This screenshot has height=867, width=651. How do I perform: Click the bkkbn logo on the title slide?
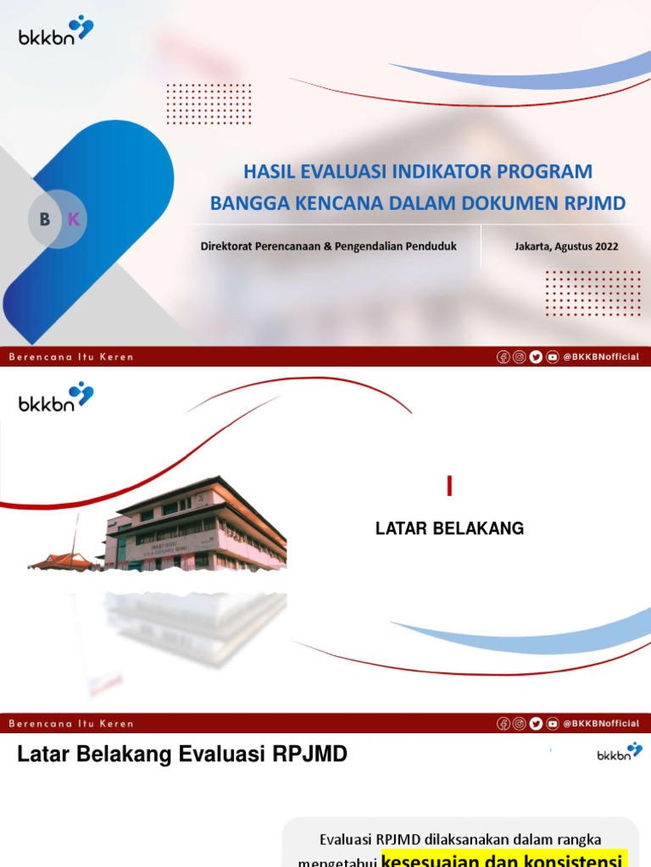(56, 31)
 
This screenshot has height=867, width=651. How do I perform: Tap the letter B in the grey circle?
(45, 219)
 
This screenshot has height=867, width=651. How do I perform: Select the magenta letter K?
(73, 219)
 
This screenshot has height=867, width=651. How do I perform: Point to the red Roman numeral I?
(450, 487)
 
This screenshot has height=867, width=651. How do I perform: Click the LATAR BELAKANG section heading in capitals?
(449, 528)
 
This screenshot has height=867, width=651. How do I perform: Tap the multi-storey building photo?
(199, 525)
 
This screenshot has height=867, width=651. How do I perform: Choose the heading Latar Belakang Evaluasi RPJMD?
(182, 754)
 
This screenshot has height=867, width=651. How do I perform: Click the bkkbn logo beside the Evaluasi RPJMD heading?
(620, 753)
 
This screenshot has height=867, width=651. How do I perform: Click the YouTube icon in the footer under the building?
(553, 723)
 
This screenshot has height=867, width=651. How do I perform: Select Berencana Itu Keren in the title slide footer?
(71, 357)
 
